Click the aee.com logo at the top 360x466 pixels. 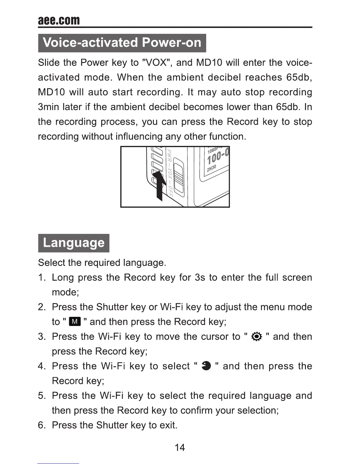[x=59, y=20]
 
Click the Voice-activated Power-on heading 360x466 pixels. [x=122, y=43]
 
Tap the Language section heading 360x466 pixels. [x=74, y=243]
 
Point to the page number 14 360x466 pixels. [x=180, y=447]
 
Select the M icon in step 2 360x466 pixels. [x=75, y=322]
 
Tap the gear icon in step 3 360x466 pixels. [x=257, y=337]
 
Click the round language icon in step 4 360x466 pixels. [x=206, y=366]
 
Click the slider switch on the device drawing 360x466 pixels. [x=178, y=175]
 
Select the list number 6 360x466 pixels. [x=41, y=425]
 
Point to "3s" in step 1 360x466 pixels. [x=200, y=277]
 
